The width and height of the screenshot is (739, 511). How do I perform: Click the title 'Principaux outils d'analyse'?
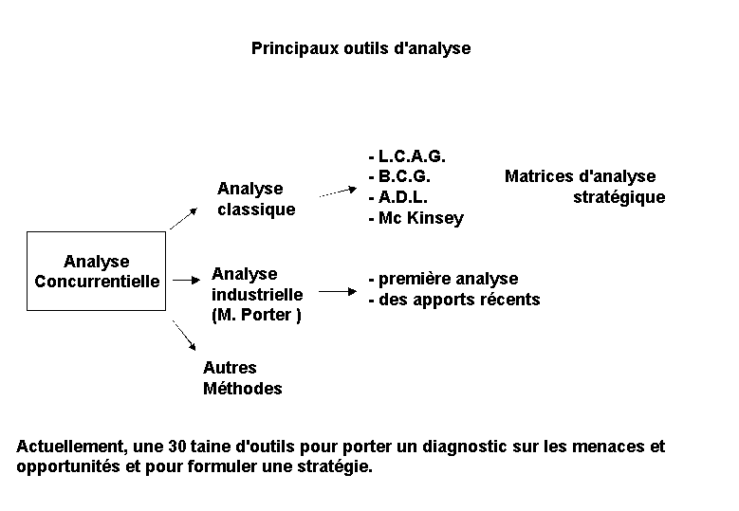pos(361,48)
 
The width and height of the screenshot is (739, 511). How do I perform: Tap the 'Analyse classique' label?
pos(256,199)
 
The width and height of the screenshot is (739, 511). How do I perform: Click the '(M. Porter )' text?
pos(256,315)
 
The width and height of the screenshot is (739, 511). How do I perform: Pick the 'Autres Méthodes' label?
pos(243,377)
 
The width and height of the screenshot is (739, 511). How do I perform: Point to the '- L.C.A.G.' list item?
pos(407,155)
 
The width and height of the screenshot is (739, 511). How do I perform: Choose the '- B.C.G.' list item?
pos(399,176)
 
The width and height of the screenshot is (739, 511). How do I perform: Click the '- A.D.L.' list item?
pos(398,197)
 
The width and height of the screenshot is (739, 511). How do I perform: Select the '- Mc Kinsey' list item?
pos(416,218)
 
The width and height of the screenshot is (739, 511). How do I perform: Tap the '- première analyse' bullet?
pos(443,279)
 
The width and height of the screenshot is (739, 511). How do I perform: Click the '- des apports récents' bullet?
pos(454,300)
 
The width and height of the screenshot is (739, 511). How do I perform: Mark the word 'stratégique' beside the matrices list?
pos(619,197)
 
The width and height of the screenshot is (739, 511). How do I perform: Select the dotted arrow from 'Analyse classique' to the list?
pos(338,192)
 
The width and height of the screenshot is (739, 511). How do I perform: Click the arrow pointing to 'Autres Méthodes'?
pos(184,336)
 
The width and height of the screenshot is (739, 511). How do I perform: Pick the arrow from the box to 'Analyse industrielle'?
pos(187,281)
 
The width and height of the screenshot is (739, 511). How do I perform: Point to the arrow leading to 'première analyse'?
pos(338,292)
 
